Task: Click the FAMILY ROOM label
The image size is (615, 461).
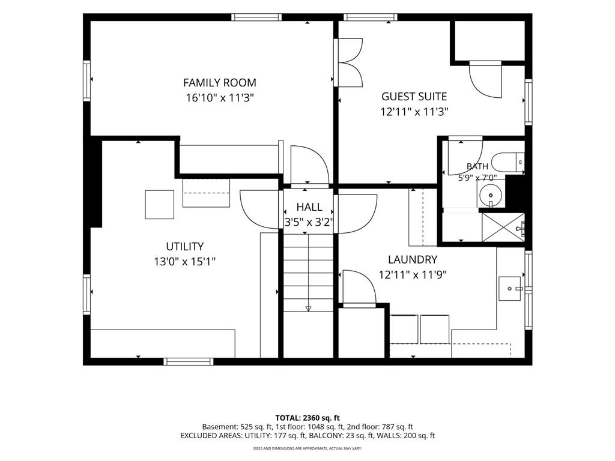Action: [x=220, y=83]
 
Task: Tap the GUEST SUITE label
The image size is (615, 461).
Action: [x=414, y=97]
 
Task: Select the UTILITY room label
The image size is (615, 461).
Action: [x=185, y=247]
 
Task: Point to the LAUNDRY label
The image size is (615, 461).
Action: [x=413, y=259]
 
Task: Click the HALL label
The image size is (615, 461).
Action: [x=309, y=207]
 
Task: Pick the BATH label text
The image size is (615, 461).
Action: [x=477, y=166]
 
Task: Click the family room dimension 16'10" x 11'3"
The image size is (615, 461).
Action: [x=220, y=98]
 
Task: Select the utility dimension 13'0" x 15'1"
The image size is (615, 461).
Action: [x=185, y=262]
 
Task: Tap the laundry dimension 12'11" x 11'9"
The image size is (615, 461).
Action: [x=413, y=274]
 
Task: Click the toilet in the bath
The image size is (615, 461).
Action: [x=508, y=162]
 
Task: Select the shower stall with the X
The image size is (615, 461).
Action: [x=503, y=227]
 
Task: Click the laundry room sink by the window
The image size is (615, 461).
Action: [x=510, y=289]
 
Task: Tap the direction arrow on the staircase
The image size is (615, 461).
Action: [x=308, y=309]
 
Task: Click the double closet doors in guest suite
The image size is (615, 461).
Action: [x=349, y=62]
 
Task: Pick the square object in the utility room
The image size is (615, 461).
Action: [x=160, y=205]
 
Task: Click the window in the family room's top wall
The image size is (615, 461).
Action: [x=256, y=17]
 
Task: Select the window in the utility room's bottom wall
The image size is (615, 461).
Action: [x=189, y=361]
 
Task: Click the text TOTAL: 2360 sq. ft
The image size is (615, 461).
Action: [x=307, y=418]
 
